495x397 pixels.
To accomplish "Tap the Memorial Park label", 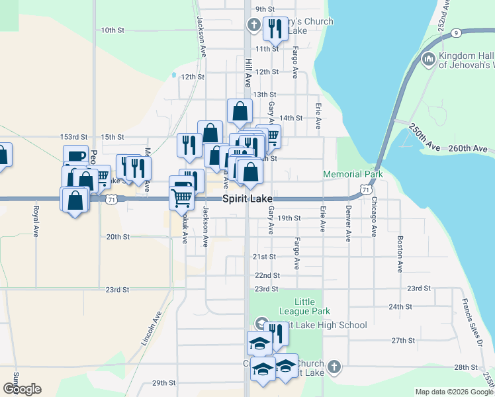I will [x=353, y=174].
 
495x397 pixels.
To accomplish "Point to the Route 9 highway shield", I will [x=457, y=32].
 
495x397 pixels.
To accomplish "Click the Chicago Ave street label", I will [x=374, y=216].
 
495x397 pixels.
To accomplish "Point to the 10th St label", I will [x=112, y=30].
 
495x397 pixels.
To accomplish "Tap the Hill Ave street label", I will [x=248, y=72].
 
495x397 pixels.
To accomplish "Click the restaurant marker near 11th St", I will [x=275, y=28].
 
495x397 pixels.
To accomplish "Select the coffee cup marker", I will [x=76, y=157].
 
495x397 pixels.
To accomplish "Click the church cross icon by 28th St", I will [x=334, y=367].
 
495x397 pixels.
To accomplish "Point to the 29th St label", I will [x=163, y=382].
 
